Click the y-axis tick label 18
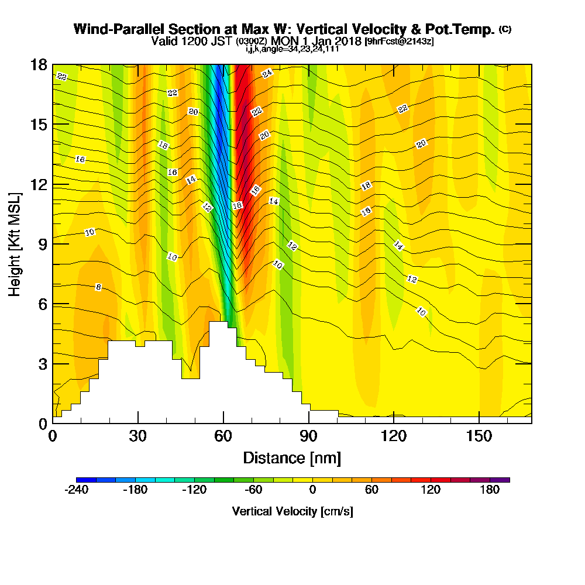click(38, 65)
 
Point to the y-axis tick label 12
click(38, 184)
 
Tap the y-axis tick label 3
click(42, 364)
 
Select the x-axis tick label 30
click(138, 438)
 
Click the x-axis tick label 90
click(308, 438)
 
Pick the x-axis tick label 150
click(479, 438)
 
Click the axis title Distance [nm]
click(292, 457)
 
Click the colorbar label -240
click(76, 490)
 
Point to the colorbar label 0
click(312, 490)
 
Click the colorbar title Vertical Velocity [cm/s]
click(292, 511)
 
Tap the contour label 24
click(267, 74)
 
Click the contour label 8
click(98, 287)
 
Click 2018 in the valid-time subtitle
click(347, 42)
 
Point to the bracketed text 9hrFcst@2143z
click(399, 42)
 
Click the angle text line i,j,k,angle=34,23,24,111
click(292, 49)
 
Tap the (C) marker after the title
click(505, 29)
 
